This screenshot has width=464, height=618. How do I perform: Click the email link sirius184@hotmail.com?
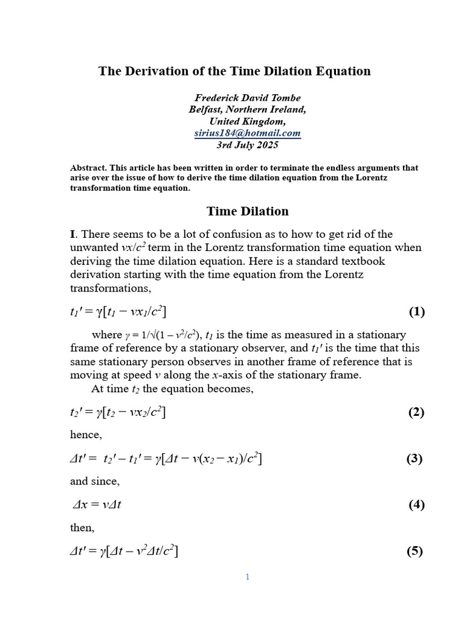(x=247, y=133)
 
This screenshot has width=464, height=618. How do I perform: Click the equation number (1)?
(x=417, y=312)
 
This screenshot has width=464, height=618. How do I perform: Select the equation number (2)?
(x=417, y=413)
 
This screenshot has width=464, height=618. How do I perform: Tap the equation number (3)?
(x=414, y=459)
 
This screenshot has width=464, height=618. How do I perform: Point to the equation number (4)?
(x=417, y=505)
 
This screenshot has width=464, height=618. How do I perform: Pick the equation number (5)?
(x=414, y=551)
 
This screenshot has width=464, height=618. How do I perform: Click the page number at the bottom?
(x=247, y=577)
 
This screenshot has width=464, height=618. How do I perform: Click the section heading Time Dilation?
(x=248, y=211)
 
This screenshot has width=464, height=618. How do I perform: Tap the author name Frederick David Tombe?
(x=247, y=98)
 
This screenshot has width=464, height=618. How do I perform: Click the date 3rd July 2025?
(x=247, y=145)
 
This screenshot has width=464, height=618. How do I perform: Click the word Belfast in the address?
(x=210, y=110)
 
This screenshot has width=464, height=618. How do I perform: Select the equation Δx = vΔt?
(x=97, y=505)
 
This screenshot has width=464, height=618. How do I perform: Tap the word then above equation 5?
(x=82, y=527)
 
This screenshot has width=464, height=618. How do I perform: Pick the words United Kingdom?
(x=247, y=121)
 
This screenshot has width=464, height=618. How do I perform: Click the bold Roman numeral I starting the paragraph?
(x=73, y=234)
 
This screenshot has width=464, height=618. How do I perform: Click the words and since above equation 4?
(x=95, y=482)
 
